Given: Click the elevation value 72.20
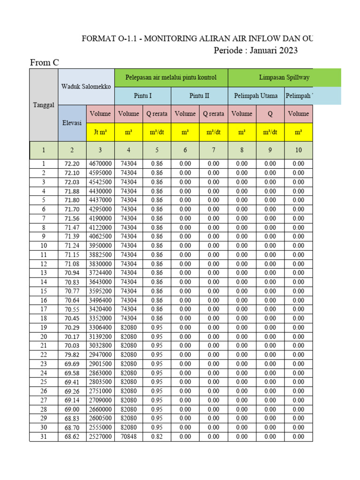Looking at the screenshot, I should [72, 164].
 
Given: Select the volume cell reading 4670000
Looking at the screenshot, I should [100, 164].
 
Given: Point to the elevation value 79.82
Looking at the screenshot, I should [72, 355].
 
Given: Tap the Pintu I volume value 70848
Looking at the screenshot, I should [128, 437].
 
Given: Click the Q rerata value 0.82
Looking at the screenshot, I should [157, 437].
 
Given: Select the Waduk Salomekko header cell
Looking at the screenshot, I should [86, 87].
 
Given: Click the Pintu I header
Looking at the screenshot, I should [142, 96].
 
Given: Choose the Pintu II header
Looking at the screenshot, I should [199, 96].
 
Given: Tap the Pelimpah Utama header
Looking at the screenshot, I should [255, 96].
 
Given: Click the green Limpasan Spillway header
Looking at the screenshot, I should [284, 77].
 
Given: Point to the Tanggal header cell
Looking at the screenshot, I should [43, 105].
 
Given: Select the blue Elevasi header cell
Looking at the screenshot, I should [72, 123].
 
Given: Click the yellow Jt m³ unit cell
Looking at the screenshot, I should [100, 132].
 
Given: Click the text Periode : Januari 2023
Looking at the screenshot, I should [255, 51].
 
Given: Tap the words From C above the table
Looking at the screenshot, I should [45, 62].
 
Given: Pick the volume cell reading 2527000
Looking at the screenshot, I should [100, 437].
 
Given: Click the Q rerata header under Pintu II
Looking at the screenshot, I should [213, 114].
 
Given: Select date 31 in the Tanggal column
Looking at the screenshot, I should [43, 437].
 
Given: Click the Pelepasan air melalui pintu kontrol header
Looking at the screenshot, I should [171, 77].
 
